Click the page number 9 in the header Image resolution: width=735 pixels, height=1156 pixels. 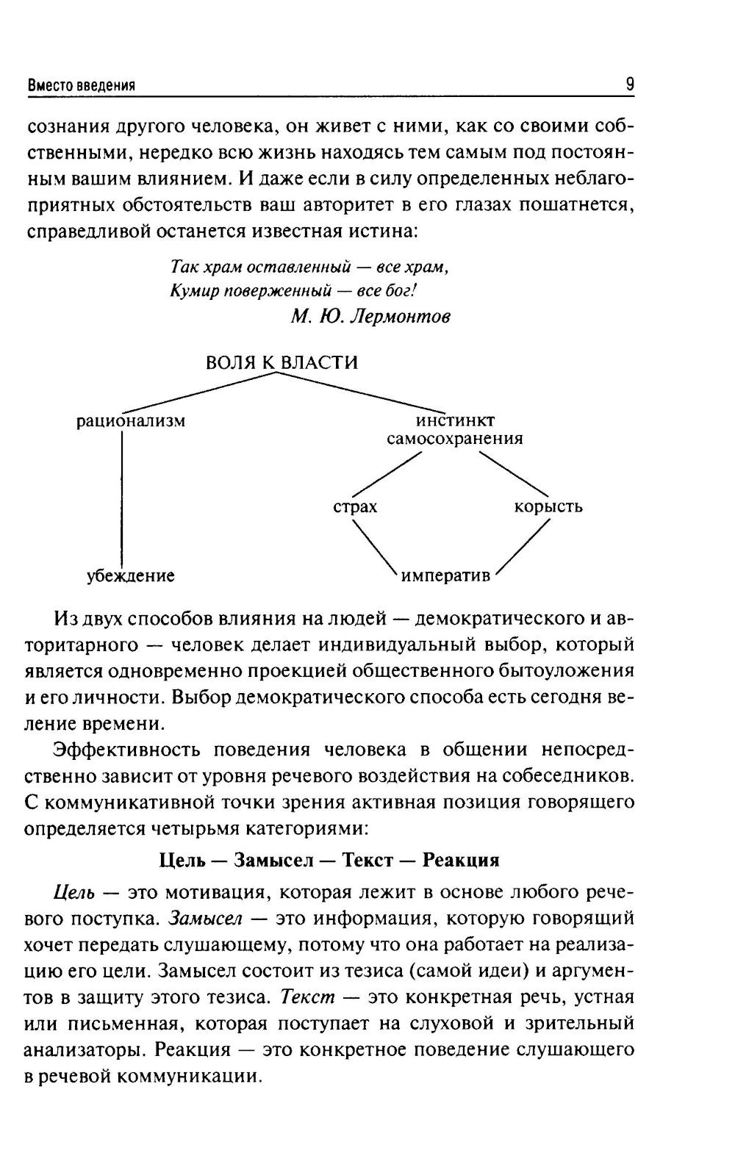[630, 85]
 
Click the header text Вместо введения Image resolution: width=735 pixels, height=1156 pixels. [81, 85]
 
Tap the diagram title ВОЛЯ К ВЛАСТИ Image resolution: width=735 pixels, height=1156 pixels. [282, 362]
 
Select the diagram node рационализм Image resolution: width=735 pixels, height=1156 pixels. [131, 422]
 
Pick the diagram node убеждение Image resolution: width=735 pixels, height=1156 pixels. [131, 575]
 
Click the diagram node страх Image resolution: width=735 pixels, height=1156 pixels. [355, 507]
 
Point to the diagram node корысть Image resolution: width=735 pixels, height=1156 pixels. [548, 506]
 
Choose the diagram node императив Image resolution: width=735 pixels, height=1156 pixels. [445, 575]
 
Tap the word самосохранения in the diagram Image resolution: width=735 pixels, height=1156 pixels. [455, 439]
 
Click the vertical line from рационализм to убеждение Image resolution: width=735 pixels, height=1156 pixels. [121, 500]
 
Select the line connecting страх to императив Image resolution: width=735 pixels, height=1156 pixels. [375, 546]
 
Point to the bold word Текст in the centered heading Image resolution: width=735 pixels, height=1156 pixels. [367, 860]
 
